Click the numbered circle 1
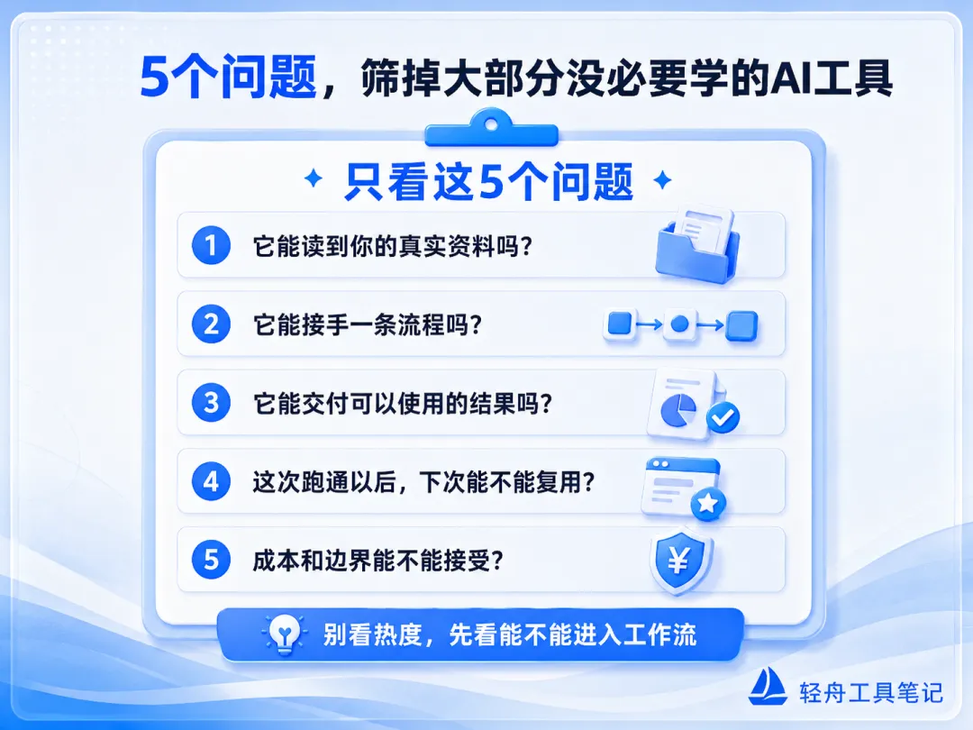[x=211, y=245]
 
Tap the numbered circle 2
[x=211, y=324]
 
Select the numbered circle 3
[x=211, y=402]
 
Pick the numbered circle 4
[x=211, y=481]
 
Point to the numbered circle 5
[x=211, y=560]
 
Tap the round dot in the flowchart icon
[x=680, y=324]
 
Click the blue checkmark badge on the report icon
[x=723, y=417]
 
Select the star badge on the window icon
[x=707, y=503]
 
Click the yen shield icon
[x=680, y=561]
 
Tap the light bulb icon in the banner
[x=284, y=634]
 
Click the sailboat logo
[x=768, y=686]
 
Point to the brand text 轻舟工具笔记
[x=870, y=692]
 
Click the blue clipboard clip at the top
[x=492, y=128]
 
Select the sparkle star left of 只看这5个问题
[x=314, y=178]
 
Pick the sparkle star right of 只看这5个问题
[x=663, y=180]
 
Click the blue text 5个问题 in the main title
[x=228, y=77]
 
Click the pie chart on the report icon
[x=677, y=410]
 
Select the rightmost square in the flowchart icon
[x=741, y=326]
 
